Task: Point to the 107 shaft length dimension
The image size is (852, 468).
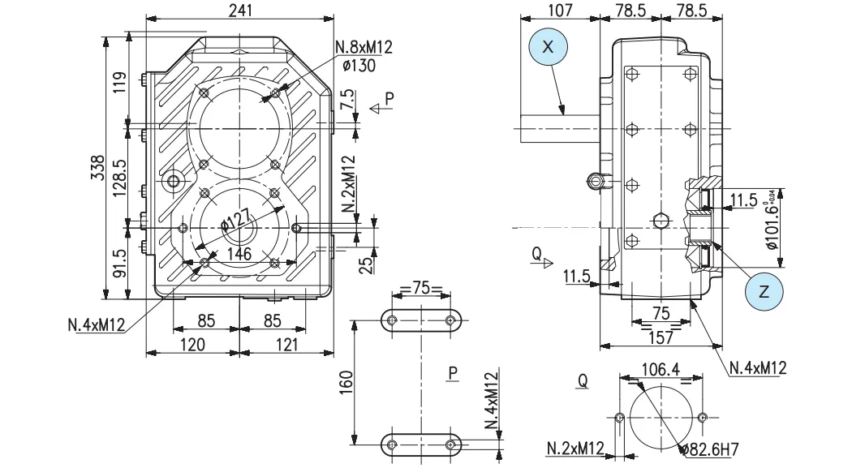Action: click(x=560, y=10)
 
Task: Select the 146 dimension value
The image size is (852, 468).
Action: click(x=239, y=254)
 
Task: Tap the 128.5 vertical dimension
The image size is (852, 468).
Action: click(x=119, y=175)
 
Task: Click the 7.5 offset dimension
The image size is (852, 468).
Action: click(x=348, y=101)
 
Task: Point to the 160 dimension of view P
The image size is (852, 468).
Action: click(x=346, y=380)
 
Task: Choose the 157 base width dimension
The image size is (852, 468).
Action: click(x=661, y=337)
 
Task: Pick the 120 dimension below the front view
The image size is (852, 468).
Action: click(x=191, y=345)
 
